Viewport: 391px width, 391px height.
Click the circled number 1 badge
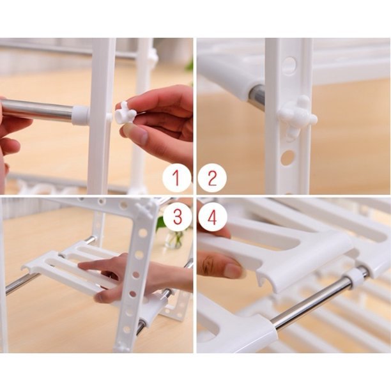176,178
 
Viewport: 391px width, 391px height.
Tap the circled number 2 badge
212,178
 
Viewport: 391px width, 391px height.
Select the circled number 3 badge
177,217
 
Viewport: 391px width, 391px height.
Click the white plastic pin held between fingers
125,113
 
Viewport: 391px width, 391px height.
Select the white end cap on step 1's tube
80,115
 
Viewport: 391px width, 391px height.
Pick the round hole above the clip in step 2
289,66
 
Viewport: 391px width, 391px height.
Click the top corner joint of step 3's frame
147,207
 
